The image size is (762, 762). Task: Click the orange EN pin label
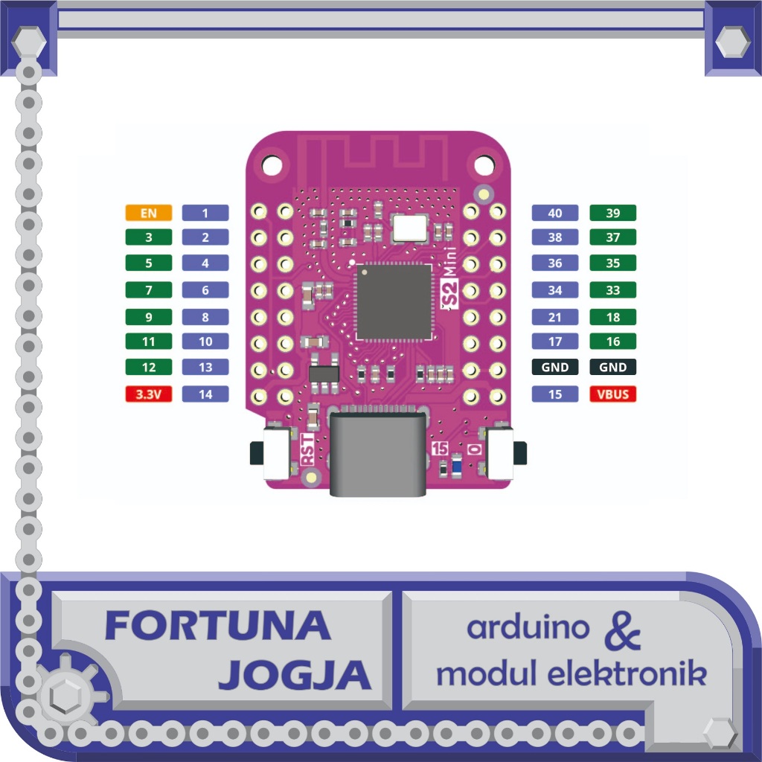point(149,214)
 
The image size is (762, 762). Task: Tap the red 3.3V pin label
point(149,394)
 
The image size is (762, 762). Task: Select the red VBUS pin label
point(613,394)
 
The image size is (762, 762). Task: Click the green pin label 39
point(613,214)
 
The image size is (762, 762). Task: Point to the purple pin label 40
point(555,214)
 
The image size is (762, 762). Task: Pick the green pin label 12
point(149,367)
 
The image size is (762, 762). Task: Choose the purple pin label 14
point(205,394)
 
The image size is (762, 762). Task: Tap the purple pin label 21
point(555,317)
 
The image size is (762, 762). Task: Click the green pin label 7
point(149,290)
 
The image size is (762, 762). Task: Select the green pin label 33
point(613,290)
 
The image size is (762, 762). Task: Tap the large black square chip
point(394,301)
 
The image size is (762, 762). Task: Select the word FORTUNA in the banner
point(217,626)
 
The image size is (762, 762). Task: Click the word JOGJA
point(295,675)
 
